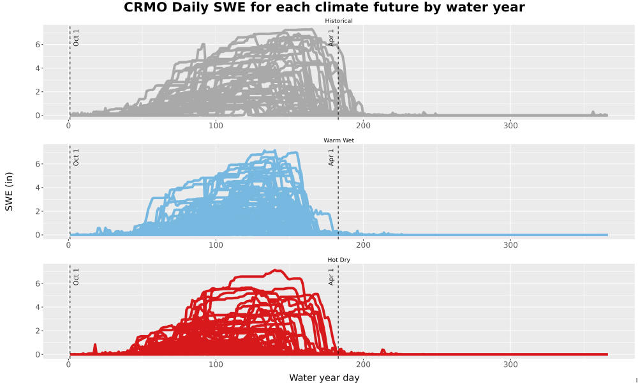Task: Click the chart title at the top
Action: pos(324,7)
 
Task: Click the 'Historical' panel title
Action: pos(339,21)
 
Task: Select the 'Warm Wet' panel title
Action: pos(339,140)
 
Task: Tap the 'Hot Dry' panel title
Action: pos(339,260)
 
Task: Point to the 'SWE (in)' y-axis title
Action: pos(9,191)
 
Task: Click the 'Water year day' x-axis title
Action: pos(324,378)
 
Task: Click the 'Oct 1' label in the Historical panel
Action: pos(76,38)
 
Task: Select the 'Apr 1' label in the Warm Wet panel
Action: pos(331,158)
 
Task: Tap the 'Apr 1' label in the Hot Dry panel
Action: pos(331,277)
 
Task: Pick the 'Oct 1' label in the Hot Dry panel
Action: pos(76,277)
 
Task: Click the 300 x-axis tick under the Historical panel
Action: pos(510,125)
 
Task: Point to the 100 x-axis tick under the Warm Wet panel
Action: pos(216,245)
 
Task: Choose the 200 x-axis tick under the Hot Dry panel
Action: pos(364,364)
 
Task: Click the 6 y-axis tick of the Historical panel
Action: pos(38,45)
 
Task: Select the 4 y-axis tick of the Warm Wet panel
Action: pos(38,188)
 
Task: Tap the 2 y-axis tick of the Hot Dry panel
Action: pos(38,331)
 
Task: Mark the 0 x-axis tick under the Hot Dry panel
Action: pos(68,364)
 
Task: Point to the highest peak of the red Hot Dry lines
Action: pos(276,270)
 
